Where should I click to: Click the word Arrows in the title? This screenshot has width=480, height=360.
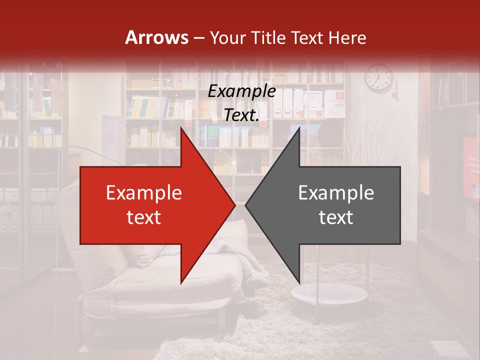156,37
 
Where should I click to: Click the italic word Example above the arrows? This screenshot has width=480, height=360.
242,91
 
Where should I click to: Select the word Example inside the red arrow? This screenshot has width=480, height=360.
144,193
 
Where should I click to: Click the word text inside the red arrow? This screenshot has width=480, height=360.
144,217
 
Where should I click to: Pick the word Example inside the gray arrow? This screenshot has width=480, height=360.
336,193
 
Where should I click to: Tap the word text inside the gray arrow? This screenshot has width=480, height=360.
336,217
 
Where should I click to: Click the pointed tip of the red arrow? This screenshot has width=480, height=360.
234,205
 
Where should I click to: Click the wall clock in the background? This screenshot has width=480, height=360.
378,78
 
